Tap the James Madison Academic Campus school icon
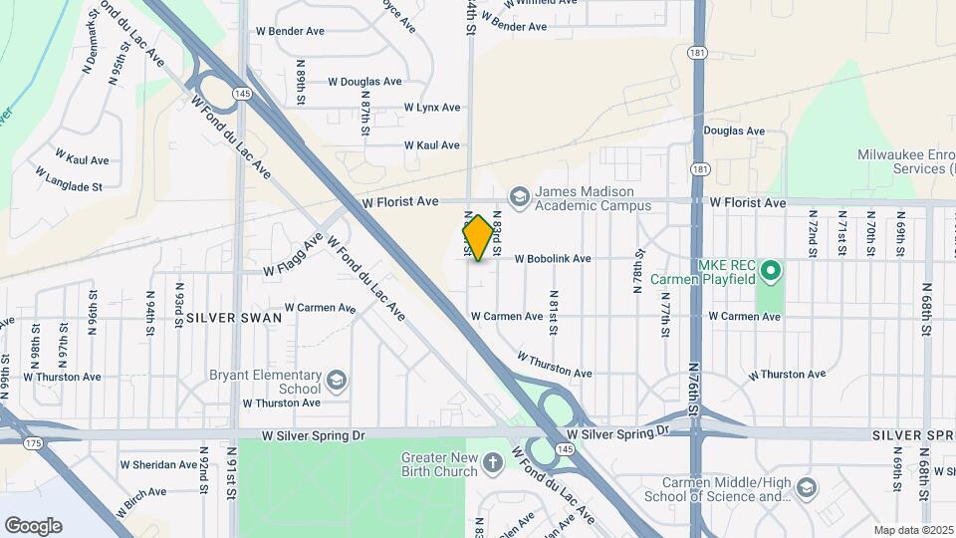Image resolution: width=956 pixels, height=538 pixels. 519,197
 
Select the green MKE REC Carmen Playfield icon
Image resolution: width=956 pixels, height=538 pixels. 770,270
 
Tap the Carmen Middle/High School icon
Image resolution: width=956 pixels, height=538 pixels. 806,488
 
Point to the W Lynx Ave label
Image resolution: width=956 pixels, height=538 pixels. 432,108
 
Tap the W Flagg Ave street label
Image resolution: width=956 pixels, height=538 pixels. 295,256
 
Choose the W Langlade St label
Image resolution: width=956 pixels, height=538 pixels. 69,179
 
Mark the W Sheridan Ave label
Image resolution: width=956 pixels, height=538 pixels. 158,465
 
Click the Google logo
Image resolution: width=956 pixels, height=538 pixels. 33,525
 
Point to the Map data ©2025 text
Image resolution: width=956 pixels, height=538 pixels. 912,530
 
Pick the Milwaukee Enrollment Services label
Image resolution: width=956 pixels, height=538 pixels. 906,162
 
